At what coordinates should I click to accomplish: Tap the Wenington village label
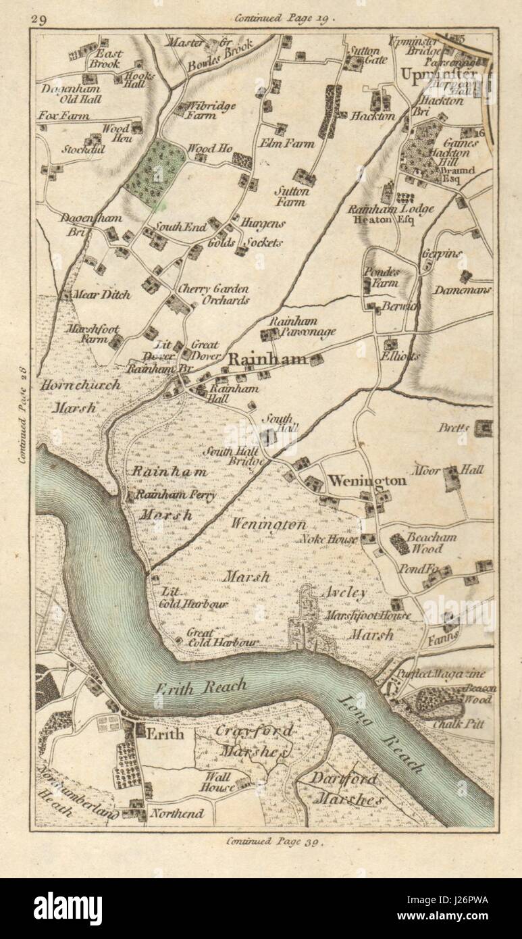(x=367, y=481)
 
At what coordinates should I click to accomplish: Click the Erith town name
(x=165, y=734)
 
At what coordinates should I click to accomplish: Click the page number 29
(x=38, y=19)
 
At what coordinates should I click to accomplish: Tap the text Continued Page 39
(x=276, y=841)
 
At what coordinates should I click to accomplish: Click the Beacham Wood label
(x=431, y=543)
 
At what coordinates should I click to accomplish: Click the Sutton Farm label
(x=291, y=196)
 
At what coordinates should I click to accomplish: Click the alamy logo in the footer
(x=68, y=908)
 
